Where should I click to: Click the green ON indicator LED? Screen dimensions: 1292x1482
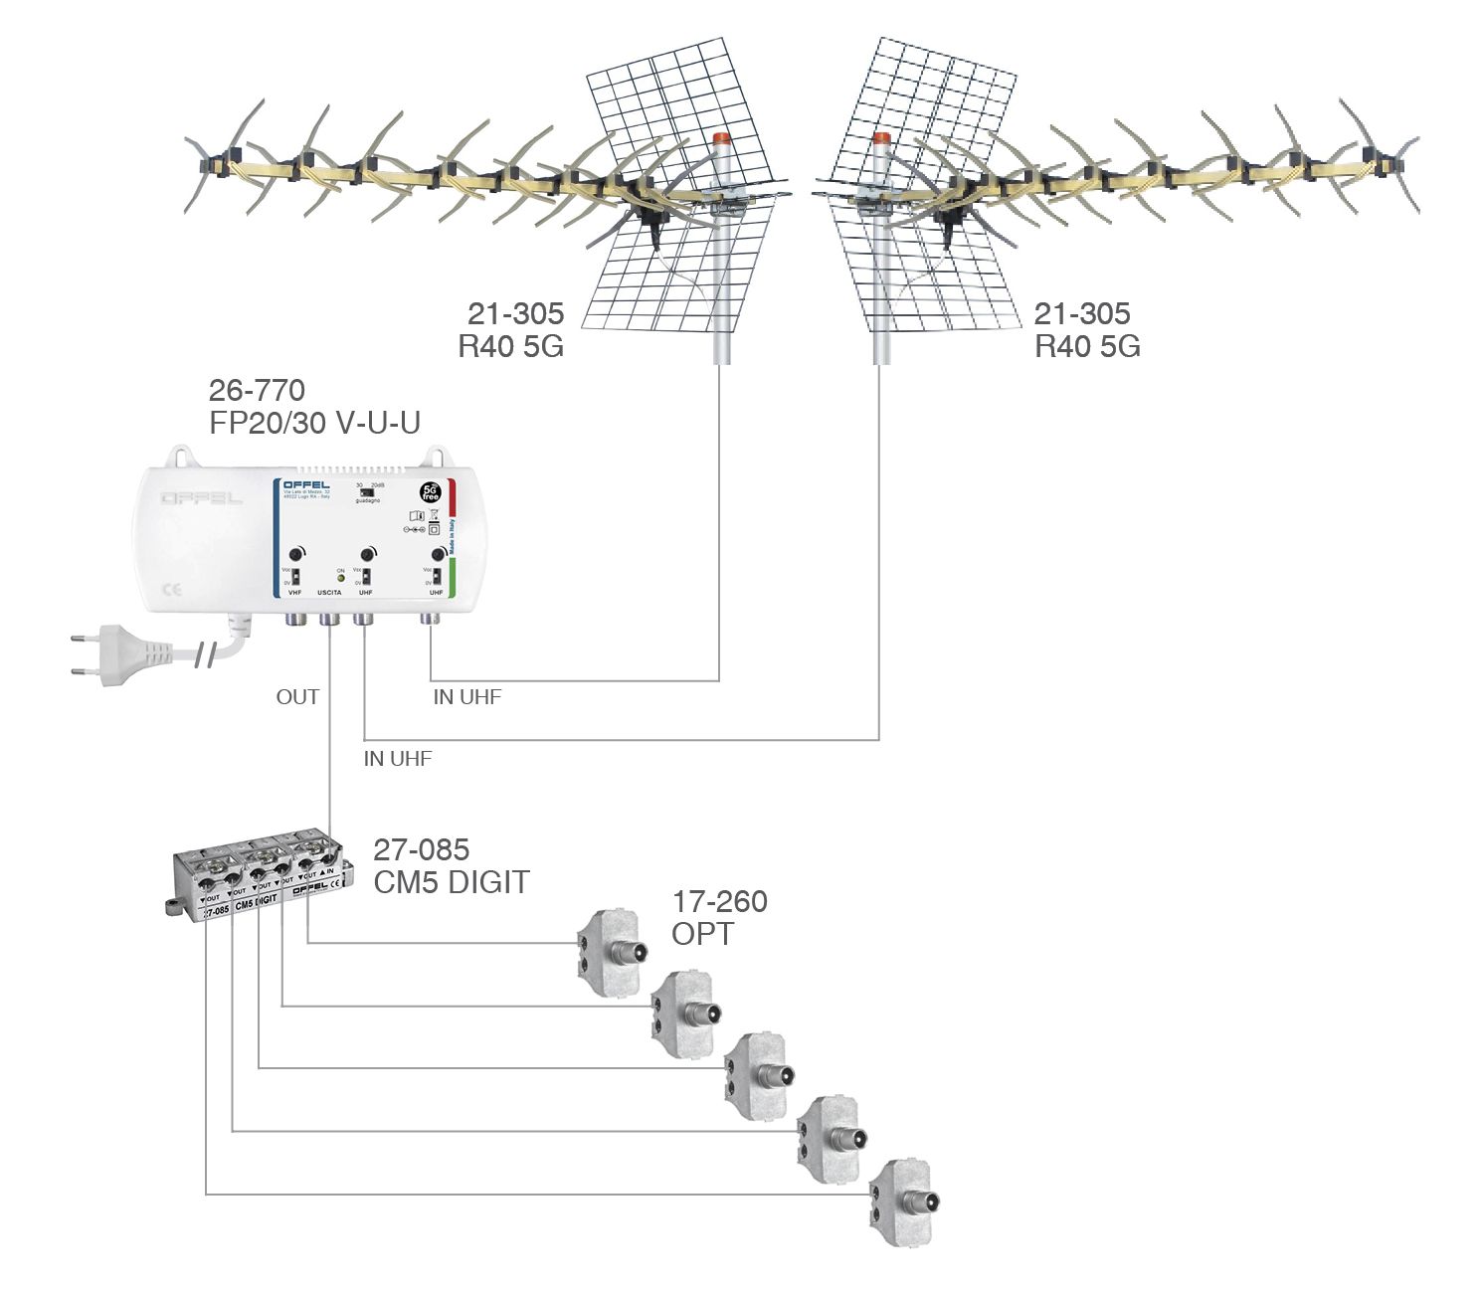coord(340,578)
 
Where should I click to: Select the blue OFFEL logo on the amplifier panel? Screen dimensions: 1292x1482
coord(306,485)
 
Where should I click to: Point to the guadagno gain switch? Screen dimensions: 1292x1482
coord(369,491)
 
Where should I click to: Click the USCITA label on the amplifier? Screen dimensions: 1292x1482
coord(329,593)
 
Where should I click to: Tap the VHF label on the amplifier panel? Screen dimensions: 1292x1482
coord(294,593)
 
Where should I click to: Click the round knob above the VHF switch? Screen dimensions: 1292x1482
coord(295,555)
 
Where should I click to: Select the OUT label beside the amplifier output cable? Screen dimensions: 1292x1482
coord(297,697)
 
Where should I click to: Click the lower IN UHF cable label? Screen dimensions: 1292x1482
coord(398,759)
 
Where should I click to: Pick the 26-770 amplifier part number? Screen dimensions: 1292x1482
coord(257,390)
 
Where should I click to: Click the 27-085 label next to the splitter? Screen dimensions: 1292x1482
coord(421,849)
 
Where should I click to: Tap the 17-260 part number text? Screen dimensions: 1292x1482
coord(719,902)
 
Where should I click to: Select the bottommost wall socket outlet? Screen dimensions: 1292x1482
coord(903,1200)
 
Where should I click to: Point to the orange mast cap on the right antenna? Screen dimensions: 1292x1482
coord(880,140)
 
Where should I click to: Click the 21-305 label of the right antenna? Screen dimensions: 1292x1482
coord(1082,313)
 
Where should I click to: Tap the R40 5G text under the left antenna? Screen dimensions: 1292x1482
coord(510,346)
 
